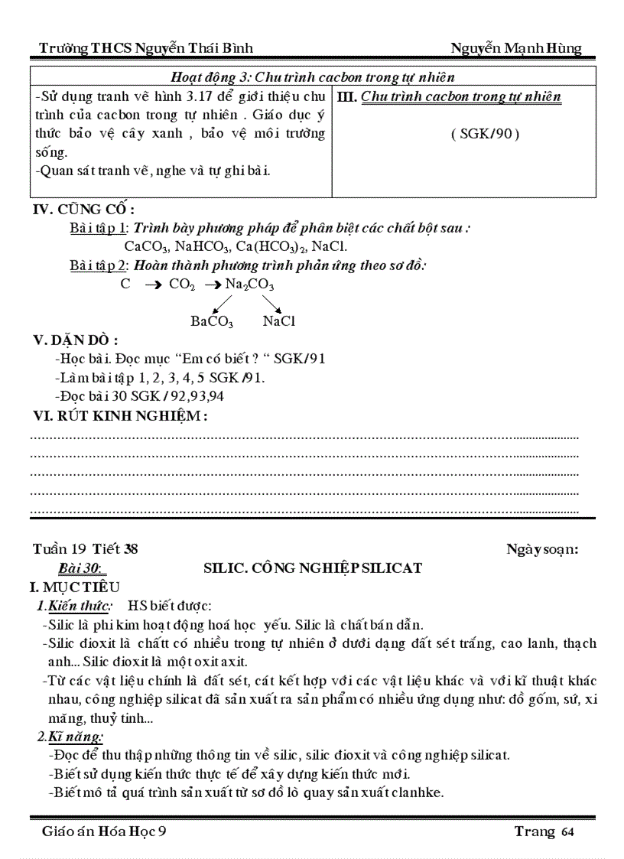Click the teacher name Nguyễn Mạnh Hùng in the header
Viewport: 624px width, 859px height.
(x=515, y=48)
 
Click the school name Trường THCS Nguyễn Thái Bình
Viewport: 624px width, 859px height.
(x=146, y=49)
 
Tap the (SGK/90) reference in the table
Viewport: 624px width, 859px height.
(x=485, y=134)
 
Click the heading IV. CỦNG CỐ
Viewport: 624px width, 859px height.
(x=83, y=209)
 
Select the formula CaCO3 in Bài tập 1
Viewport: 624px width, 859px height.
(x=147, y=247)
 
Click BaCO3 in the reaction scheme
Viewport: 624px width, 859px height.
(x=212, y=322)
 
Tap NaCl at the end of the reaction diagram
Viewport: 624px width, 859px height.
(x=278, y=321)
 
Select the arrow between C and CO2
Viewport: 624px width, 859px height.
(x=152, y=285)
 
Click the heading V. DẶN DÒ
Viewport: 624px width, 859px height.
(x=75, y=340)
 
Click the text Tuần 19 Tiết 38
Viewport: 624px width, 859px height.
(x=85, y=548)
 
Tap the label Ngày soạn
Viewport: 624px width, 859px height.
(x=541, y=548)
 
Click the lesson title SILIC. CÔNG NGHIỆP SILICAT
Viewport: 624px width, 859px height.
(x=313, y=568)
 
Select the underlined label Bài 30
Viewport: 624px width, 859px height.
(x=83, y=568)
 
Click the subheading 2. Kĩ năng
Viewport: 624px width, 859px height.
(x=70, y=737)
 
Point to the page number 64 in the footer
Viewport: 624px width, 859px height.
(x=567, y=832)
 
